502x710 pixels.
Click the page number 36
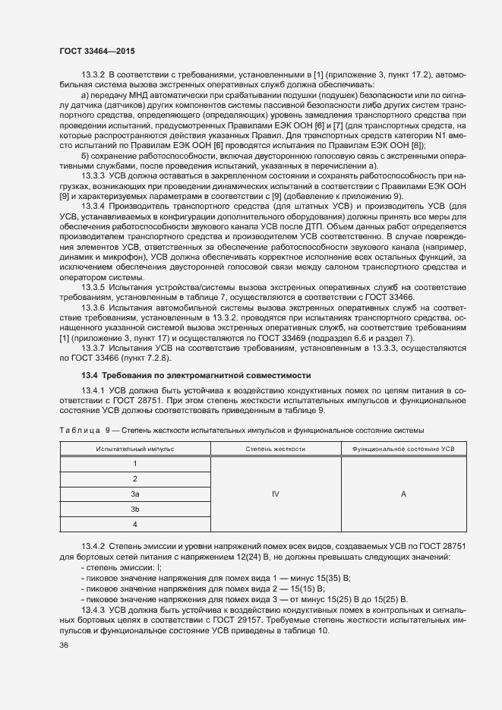[64, 646]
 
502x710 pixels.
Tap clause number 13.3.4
[93, 205]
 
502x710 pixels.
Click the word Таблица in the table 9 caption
[78, 431]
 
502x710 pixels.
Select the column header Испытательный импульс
[134, 450]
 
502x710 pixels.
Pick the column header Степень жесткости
[275, 450]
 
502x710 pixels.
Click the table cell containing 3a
[134, 494]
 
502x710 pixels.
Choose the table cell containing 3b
[134, 509]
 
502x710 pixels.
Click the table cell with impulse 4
[134, 524]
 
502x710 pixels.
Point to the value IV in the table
[275, 494]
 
